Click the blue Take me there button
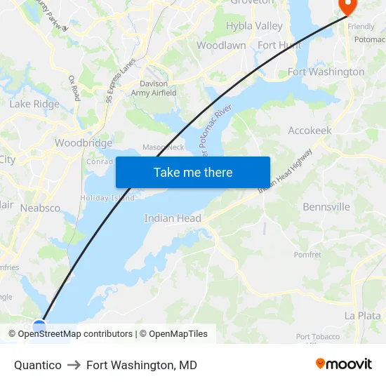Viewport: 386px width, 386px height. [193, 172]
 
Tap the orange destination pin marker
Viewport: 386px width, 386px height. [347, 6]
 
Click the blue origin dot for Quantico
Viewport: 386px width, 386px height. [39, 326]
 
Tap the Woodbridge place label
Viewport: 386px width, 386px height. [84, 143]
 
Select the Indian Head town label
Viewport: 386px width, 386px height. [173, 218]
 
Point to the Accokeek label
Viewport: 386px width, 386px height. [310, 131]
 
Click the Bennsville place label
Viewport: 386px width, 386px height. [326, 207]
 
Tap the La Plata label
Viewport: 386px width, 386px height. [362, 316]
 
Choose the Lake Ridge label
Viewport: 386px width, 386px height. [34, 104]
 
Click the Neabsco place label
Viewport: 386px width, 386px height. [40, 208]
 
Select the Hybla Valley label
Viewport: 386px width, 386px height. [254, 26]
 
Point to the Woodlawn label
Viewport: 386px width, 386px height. [221, 45]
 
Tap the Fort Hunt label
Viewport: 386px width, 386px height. [279, 45]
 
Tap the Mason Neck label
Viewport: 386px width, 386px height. [163, 147]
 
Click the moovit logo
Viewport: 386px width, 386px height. [343, 364]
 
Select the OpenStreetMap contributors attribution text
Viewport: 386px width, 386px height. [75, 334]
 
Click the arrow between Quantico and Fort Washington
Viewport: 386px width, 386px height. [74, 365]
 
